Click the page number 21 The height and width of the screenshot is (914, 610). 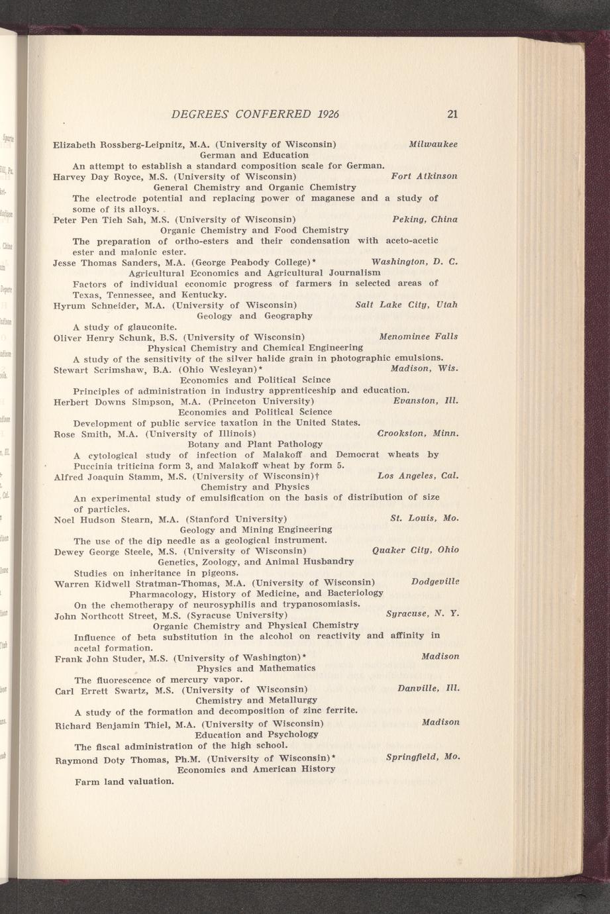pyautogui.click(x=452, y=114)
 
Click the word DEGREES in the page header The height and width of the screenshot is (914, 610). pyautogui.click(x=199, y=114)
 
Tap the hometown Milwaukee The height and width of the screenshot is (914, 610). pyautogui.click(x=433, y=144)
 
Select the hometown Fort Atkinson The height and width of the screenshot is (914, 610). pyautogui.click(x=425, y=176)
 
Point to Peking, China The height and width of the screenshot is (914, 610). pyautogui.click(x=425, y=219)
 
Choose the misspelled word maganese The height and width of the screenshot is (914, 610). pyautogui.click(x=333, y=198)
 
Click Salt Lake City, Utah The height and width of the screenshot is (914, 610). pyautogui.click(x=406, y=305)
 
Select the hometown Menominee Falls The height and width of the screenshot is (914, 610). pyautogui.click(x=418, y=336)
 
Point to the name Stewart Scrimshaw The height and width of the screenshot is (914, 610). pyautogui.click(x=98, y=369)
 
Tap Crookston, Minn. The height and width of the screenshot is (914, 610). pyautogui.click(x=418, y=433)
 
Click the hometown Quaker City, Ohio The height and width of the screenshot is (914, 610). pyautogui.click(x=415, y=550)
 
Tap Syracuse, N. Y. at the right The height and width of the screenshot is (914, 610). pyautogui.click(x=422, y=614)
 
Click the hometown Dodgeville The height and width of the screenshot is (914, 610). pyautogui.click(x=434, y=582)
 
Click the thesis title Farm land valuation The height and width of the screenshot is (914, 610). pyautogui.click(x=124, y=781)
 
